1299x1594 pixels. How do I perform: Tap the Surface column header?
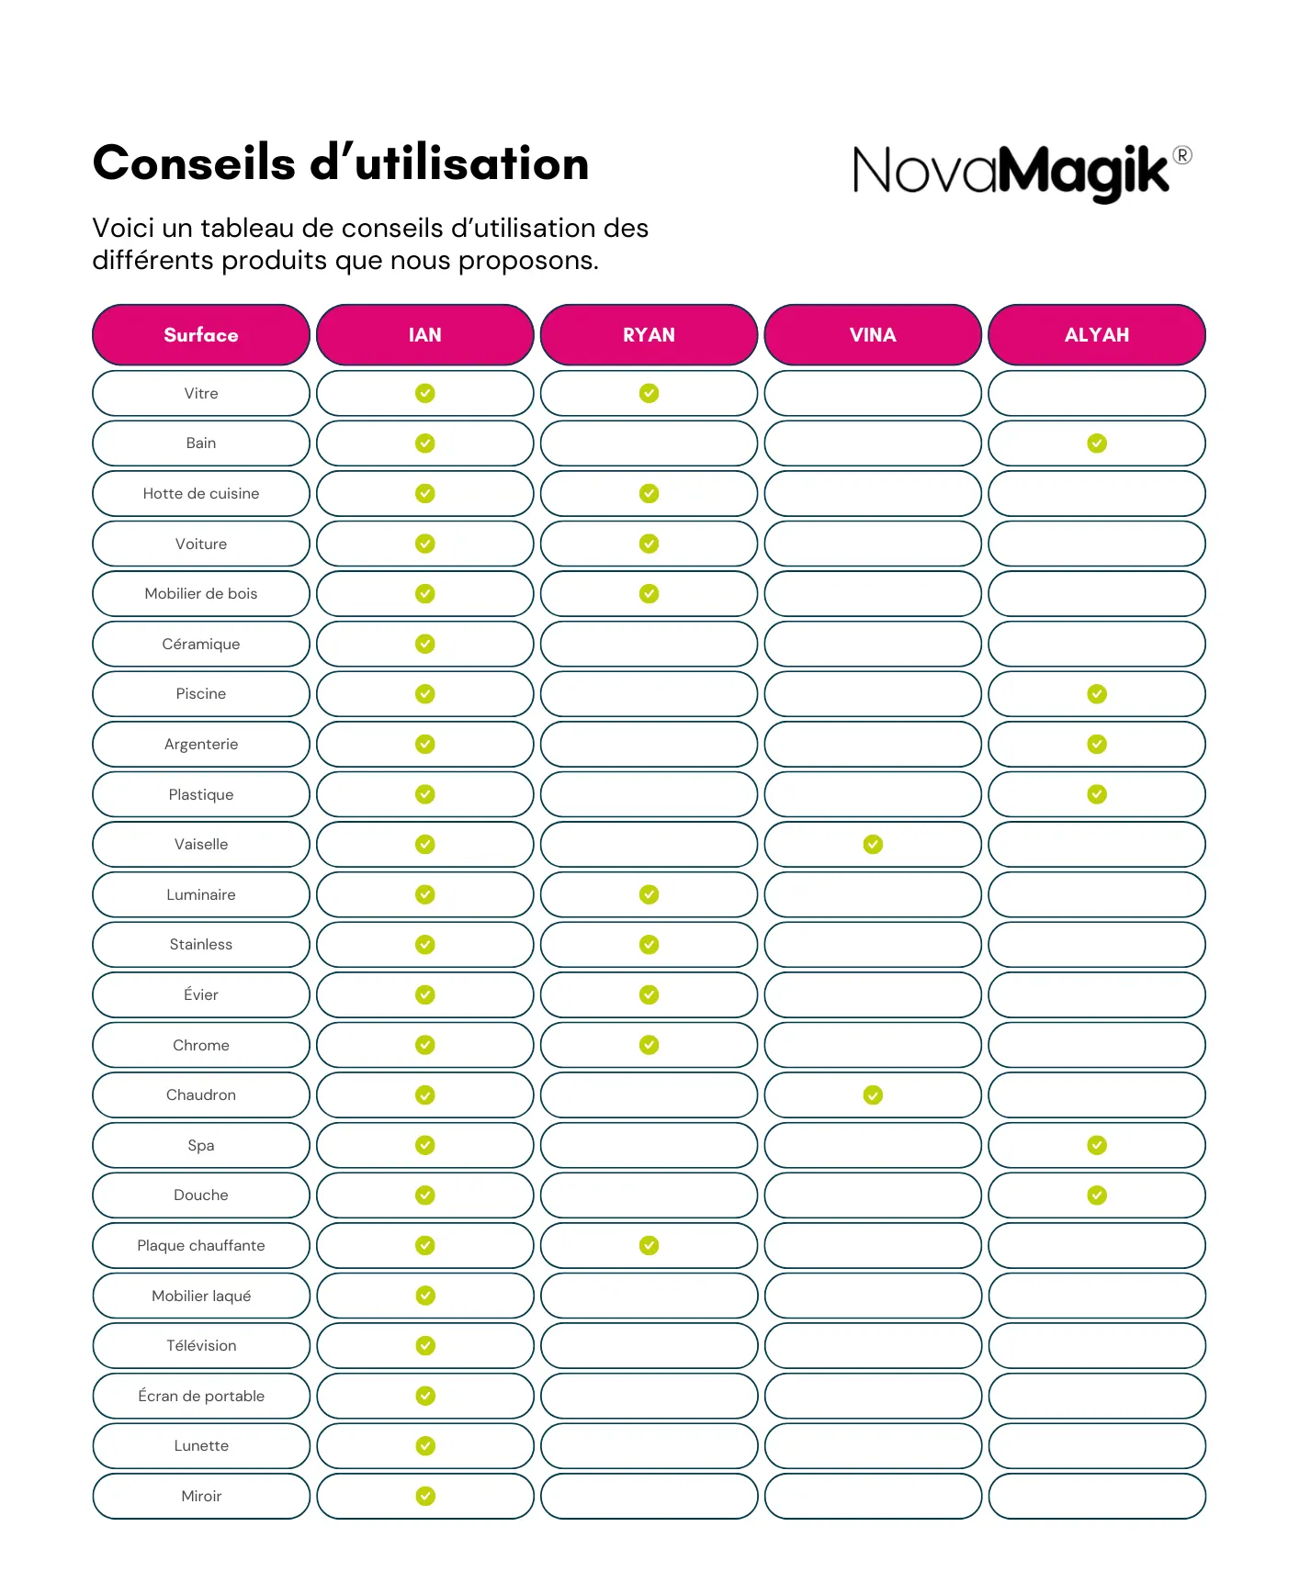[201, 335]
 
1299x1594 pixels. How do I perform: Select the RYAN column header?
[649, 335]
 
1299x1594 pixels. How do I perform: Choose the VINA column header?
[873, 335]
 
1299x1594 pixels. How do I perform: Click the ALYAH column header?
[1097, 335]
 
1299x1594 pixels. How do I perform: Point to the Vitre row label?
[201, 394]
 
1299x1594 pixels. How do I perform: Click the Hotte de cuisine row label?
[201, 494]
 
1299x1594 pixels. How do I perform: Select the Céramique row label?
[201, 645]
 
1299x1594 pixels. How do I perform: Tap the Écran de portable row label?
[201, 1397]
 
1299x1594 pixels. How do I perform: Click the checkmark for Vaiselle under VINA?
[873, 845]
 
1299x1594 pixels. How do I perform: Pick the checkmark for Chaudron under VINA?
[873, 1095]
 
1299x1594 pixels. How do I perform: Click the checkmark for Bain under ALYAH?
[1097, 443]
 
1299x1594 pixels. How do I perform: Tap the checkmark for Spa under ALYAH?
[1097, 1145]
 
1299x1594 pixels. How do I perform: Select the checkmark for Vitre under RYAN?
[649, 394]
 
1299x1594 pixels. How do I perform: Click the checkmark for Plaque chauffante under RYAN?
[649, 1246]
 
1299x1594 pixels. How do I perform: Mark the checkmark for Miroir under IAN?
[425, 1497]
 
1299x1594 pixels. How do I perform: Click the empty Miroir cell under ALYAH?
[1097, 1497]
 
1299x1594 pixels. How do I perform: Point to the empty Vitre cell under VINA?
[873, 394]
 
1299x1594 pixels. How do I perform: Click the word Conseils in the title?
[194, 164]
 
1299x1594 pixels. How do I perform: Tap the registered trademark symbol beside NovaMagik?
[1183, 156]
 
